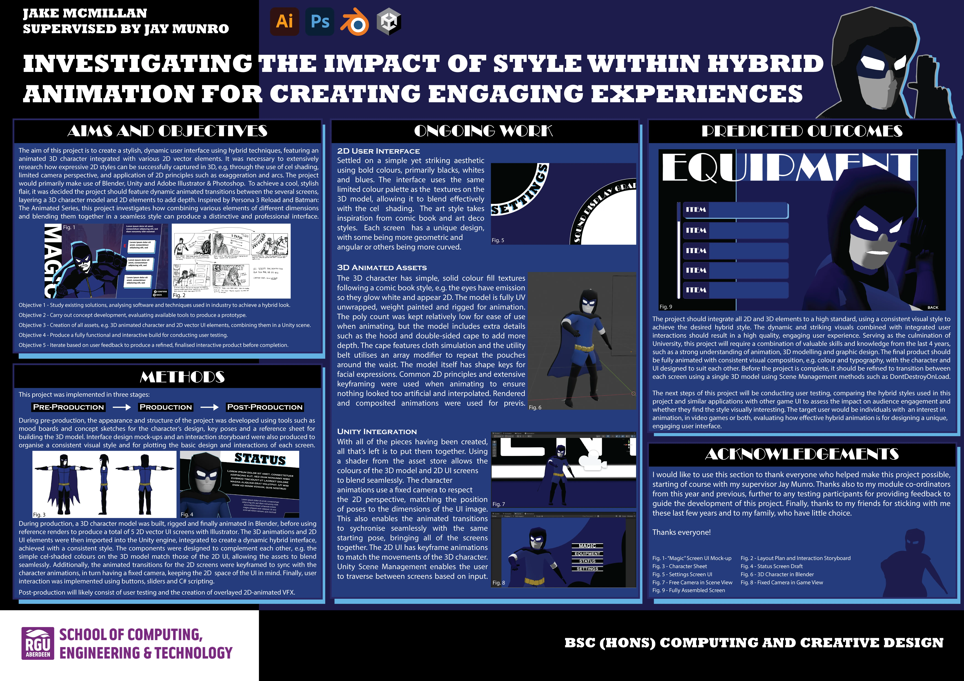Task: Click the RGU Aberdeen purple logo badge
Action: coord(38,643)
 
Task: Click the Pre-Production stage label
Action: coord(68,407)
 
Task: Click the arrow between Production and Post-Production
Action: coord(210,407)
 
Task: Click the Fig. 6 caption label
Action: coord(535,407)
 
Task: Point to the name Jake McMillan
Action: coord(85,13)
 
